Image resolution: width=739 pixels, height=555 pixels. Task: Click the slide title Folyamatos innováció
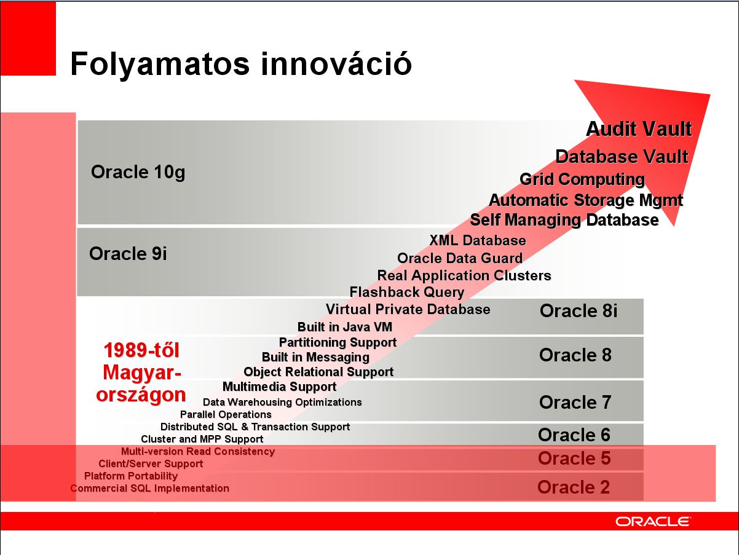coord(241,65)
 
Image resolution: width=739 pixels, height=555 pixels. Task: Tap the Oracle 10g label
coord(138,173)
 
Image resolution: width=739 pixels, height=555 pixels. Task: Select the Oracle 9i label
coord(128,253)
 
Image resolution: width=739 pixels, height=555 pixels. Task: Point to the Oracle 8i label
coord(579,310)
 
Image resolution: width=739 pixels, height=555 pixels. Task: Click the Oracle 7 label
coord(575,402)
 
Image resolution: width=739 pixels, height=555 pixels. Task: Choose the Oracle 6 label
coord(574,435)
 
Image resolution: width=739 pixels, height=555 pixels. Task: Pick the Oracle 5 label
coord(574,458)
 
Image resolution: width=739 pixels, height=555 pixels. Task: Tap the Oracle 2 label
coord(574,487)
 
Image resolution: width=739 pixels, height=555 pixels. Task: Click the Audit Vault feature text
coord(639,129)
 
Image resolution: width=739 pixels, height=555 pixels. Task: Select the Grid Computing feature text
coord(582,179)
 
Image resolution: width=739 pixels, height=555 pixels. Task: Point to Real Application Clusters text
coord(464,275)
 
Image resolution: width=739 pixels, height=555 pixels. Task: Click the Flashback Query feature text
coord(407,292)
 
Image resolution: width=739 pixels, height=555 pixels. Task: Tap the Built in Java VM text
coord(345,327)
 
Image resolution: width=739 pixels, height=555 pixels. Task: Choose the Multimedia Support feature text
coord(280,387)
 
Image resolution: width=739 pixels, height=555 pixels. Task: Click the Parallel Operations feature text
coord(226,414)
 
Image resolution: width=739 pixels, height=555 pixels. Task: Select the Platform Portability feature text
coord(131,476)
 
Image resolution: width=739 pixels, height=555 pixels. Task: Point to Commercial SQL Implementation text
coord(150,489)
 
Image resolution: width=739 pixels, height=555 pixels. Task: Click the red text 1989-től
coord(141,350)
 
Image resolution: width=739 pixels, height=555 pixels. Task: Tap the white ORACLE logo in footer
coord(653,522)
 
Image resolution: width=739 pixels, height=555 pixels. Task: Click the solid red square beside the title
coord(28,38)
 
